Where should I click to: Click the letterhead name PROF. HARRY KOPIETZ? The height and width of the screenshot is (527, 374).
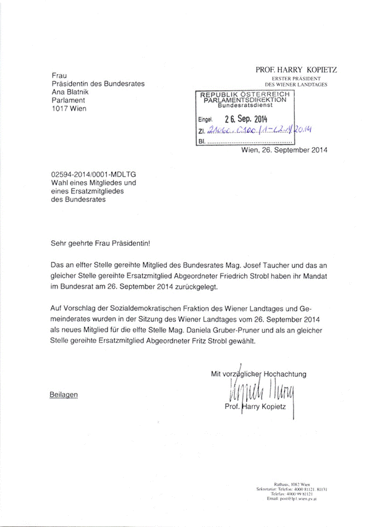point(295,70)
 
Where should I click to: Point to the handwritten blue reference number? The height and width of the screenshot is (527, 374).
point(259,130)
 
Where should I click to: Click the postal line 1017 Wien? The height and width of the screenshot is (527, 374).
point(69,108)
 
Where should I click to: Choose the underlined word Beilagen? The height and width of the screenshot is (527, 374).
point(64,394)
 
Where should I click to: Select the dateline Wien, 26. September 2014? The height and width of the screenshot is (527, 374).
point(285,150)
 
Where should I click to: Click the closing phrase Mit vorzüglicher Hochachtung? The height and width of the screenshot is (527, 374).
point(258,373)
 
